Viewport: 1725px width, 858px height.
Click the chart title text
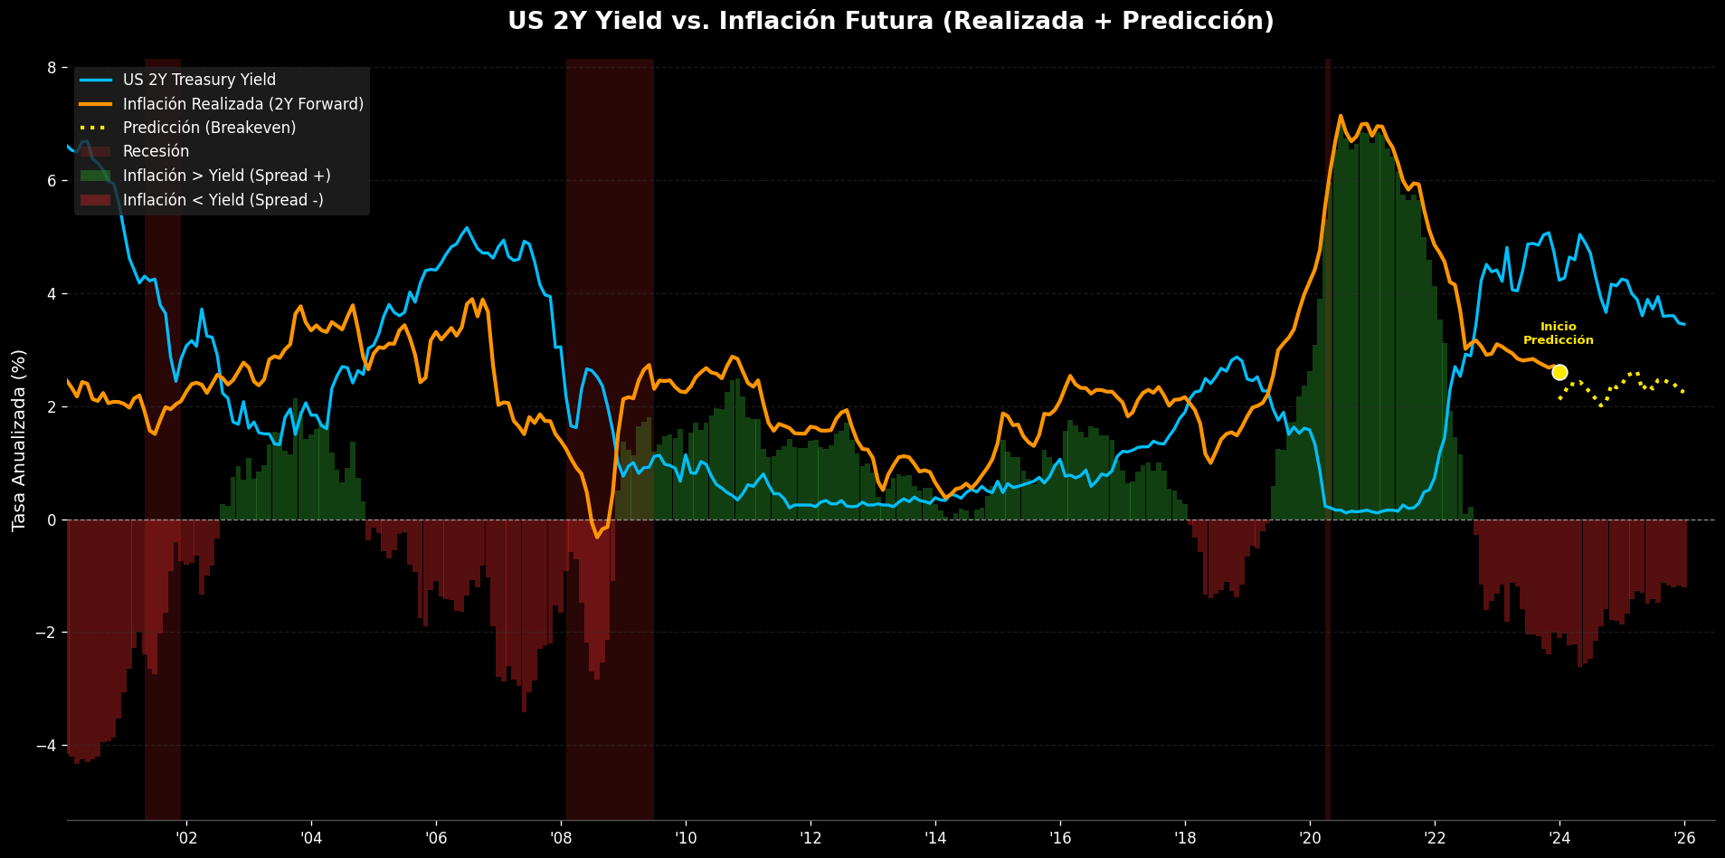coord(890,21)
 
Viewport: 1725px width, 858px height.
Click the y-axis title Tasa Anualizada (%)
coord(19,440)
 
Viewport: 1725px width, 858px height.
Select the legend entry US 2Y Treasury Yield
coord(199,80)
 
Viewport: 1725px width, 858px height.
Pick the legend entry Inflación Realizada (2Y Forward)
coord(242,104)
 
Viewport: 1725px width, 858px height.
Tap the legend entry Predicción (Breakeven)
coord(209,128)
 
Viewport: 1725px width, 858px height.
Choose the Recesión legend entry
coord(156,151)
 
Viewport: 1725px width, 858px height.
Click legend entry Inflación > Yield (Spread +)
coord(226,176)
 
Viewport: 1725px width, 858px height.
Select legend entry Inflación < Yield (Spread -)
coord(223,200)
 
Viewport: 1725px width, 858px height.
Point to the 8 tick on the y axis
coord(52,68)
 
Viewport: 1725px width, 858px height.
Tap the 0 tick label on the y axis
coord(52,520)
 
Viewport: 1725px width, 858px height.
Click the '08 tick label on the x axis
coord(560,837)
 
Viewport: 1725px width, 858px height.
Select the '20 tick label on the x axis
coord(1309,837)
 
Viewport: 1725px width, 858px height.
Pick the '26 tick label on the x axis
coord(1683,837)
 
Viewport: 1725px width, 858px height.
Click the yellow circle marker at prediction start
coord(1559,372)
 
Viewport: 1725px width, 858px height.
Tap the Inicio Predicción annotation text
coord(1558,333)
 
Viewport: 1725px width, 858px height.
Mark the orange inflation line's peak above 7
coord(1340,116)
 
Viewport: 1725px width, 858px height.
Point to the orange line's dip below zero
coord(597,536)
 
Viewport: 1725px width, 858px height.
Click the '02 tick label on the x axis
coord(186,837)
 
